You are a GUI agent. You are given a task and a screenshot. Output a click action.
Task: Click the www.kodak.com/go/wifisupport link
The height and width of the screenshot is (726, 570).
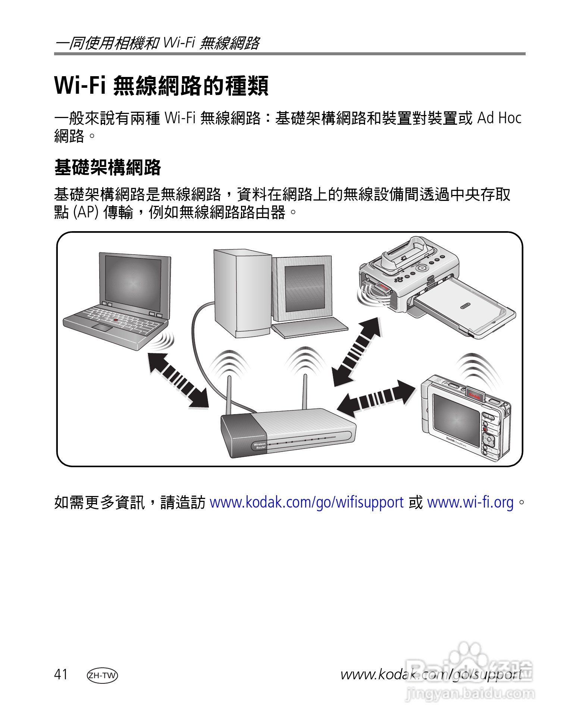pos(306,503)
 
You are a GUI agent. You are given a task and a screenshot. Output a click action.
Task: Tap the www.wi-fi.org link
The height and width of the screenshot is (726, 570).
pos(470,503)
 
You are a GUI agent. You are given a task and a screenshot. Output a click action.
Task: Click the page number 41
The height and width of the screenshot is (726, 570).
pos(61,674)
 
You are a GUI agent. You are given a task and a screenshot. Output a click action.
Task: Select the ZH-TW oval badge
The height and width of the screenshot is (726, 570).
pos(102,675)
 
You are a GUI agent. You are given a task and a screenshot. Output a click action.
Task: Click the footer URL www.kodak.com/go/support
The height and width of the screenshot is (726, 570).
pos(431,674)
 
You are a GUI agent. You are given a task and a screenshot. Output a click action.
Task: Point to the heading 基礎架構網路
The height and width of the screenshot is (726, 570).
pos(107,167)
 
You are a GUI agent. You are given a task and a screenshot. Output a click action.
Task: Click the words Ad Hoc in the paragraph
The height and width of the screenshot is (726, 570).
pos(499,118)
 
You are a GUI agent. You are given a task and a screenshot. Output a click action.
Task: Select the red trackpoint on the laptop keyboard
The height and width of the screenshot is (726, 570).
pos(116,320)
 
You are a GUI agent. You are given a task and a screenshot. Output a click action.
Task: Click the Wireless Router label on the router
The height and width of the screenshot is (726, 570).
pos(260,446)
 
